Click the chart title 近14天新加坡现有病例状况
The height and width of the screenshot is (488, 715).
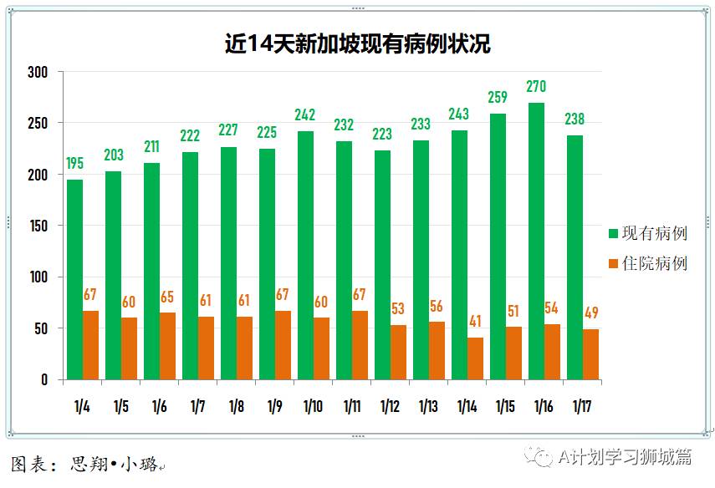pos(357,43)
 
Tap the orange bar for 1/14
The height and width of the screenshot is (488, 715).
pos(475,358)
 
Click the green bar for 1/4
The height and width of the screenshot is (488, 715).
pos(75,279)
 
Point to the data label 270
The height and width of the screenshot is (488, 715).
pos(536,86)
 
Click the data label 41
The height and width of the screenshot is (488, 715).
pos(475,321)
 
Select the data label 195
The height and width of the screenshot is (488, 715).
pos(75,163)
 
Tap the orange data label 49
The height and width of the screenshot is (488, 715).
pos(590,313)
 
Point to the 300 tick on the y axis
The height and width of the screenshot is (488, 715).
pos(38,73)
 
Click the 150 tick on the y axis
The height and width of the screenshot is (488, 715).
pos(38,226)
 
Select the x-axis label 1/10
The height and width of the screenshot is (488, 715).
pos(313,407)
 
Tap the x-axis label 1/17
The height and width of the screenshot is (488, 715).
pos(582,407)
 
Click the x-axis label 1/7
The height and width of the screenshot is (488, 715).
pos(198,407)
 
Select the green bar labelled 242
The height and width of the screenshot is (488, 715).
pos(305,255)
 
